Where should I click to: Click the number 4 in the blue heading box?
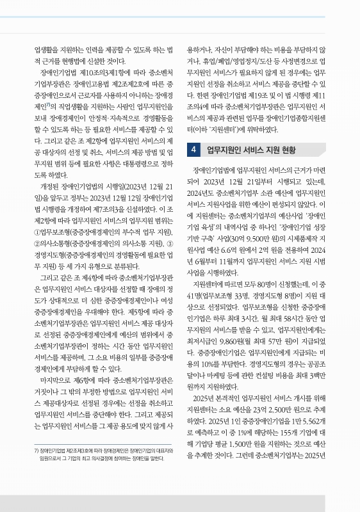176,150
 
